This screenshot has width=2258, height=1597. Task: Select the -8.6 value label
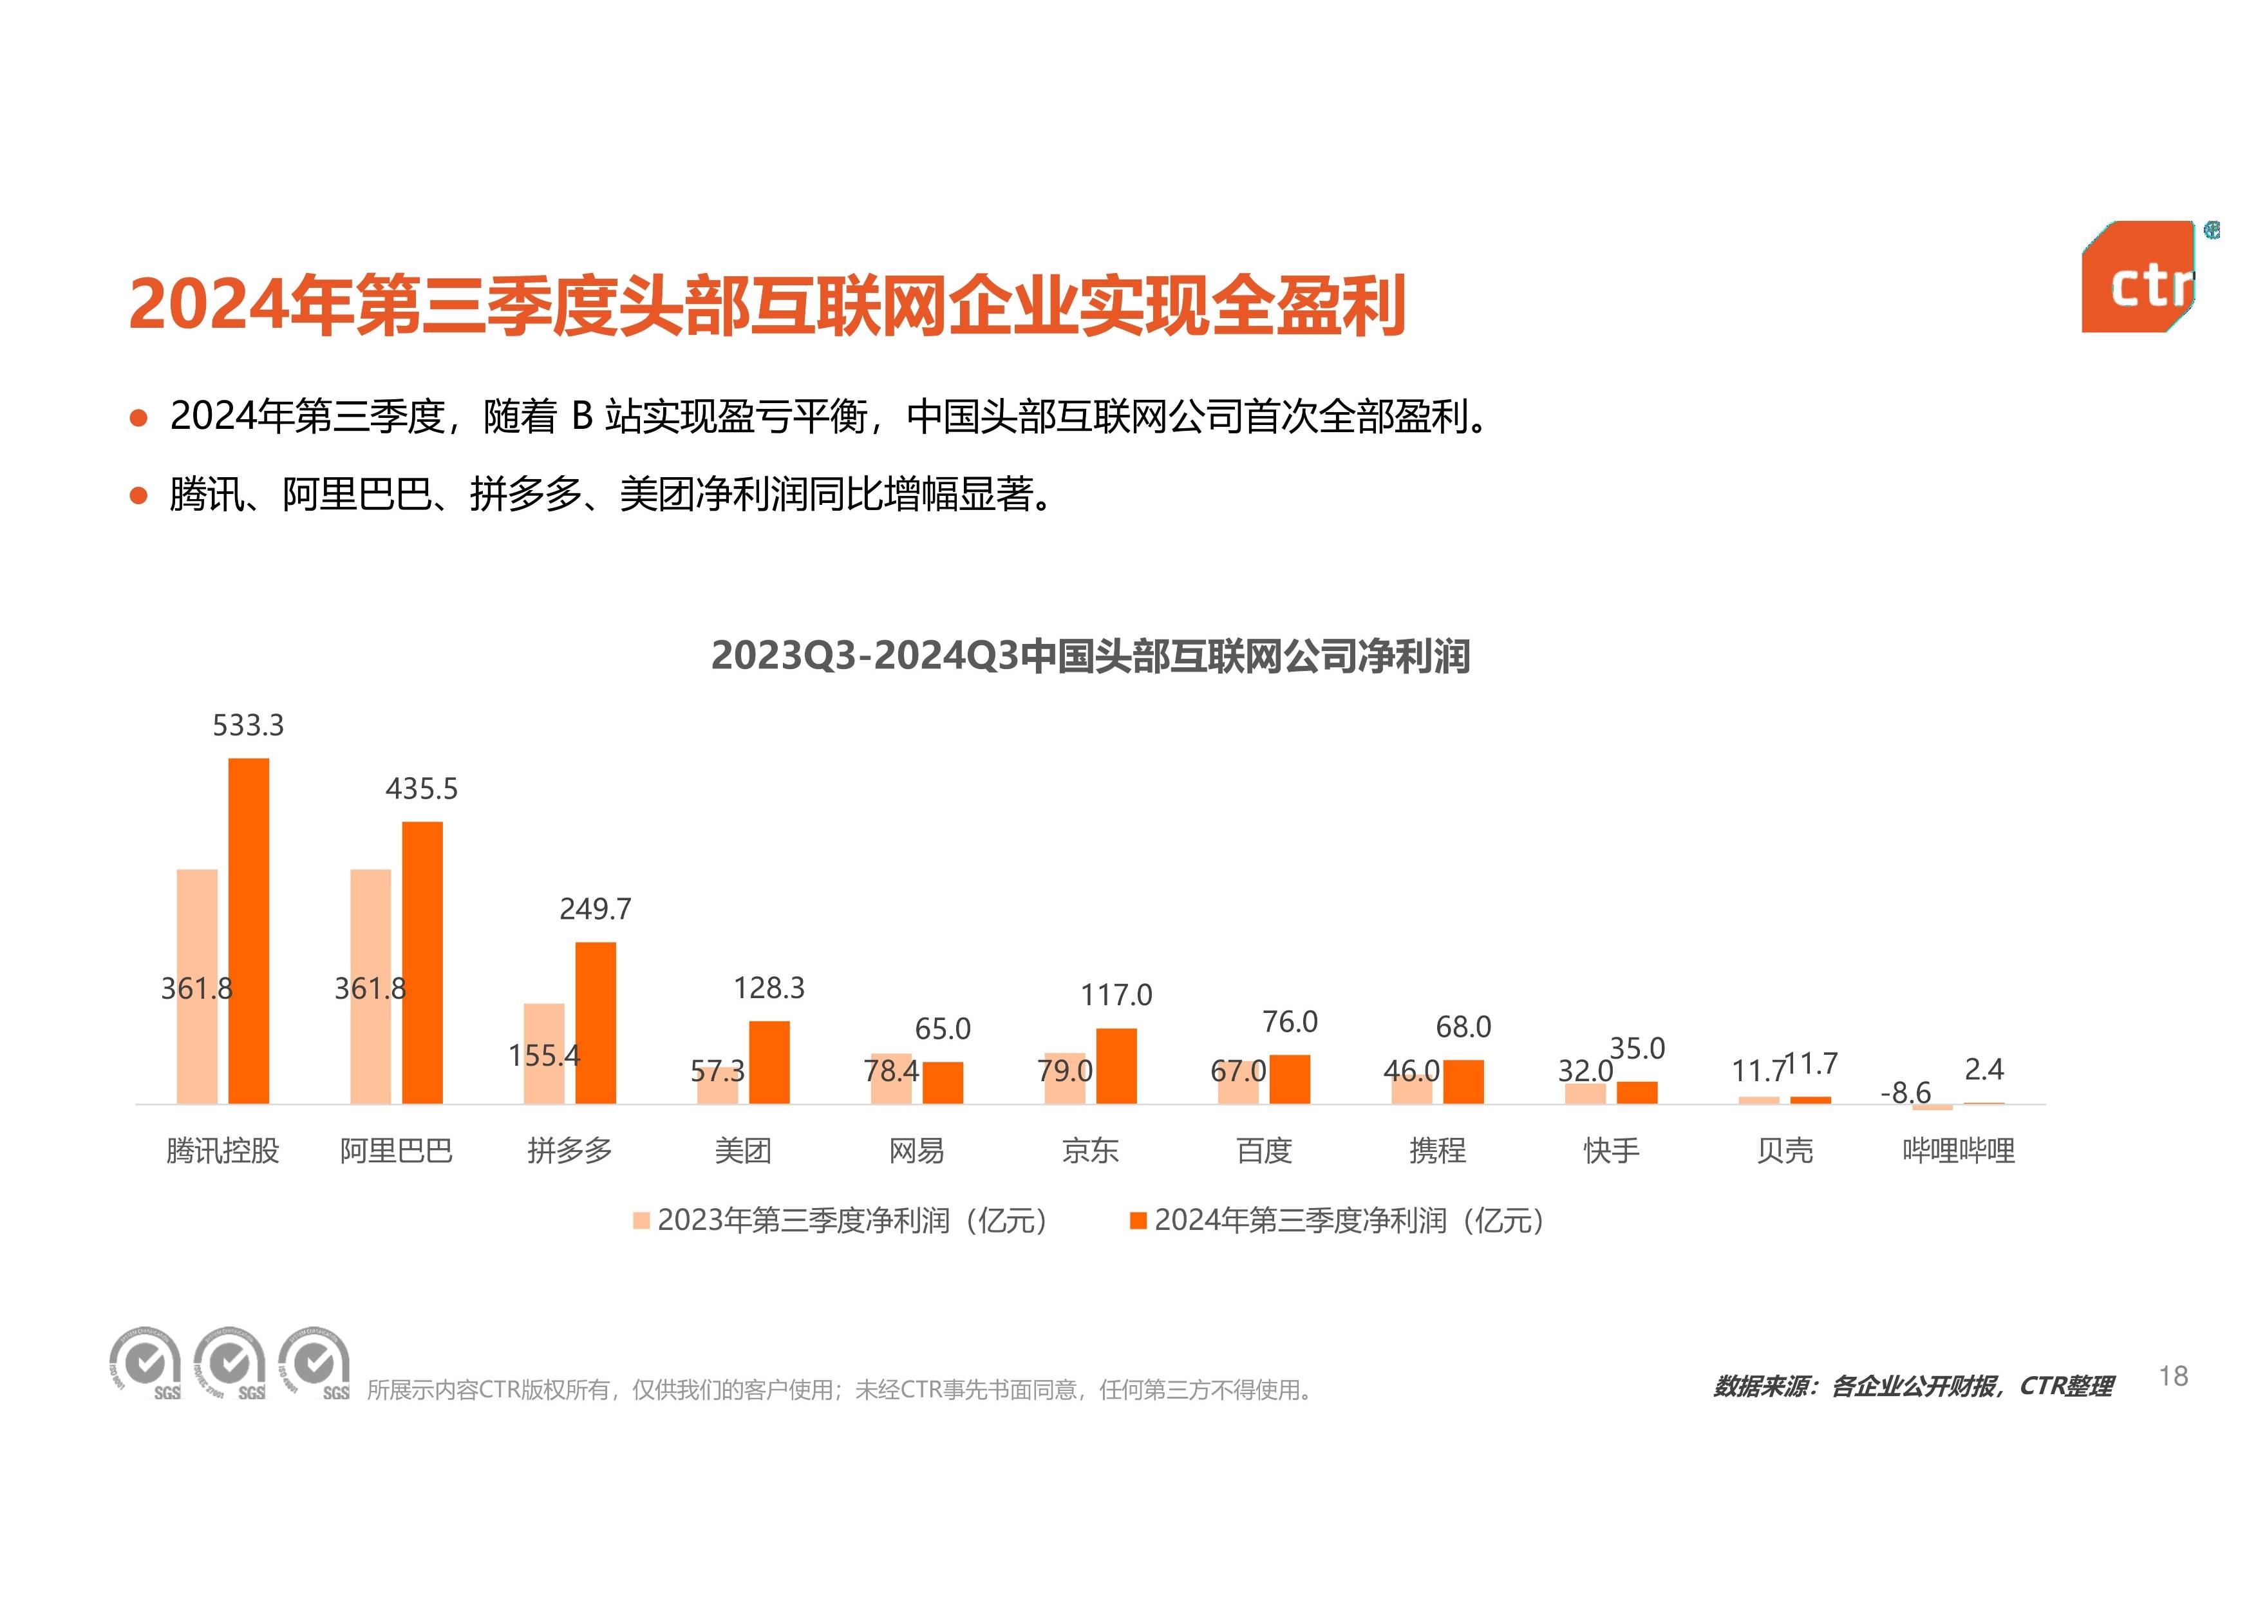click(x=1905, y=1093)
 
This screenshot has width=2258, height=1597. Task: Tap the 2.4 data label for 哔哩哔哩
click(x=1984, y=1069)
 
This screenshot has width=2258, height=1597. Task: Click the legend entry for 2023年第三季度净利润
click(x=842, y=1220)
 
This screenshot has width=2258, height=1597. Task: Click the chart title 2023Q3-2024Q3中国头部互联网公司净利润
click(x=1089, y=656)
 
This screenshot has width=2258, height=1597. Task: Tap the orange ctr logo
click(x=2137, y=278)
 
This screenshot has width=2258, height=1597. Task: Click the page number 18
click(x=2172, y=1375)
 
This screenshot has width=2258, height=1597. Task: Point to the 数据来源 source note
click(x=1912, y=1386)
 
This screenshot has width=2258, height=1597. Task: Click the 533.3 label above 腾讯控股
click(x=248, y=726)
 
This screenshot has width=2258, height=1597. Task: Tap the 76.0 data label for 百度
click(x=1289, y=1022)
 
